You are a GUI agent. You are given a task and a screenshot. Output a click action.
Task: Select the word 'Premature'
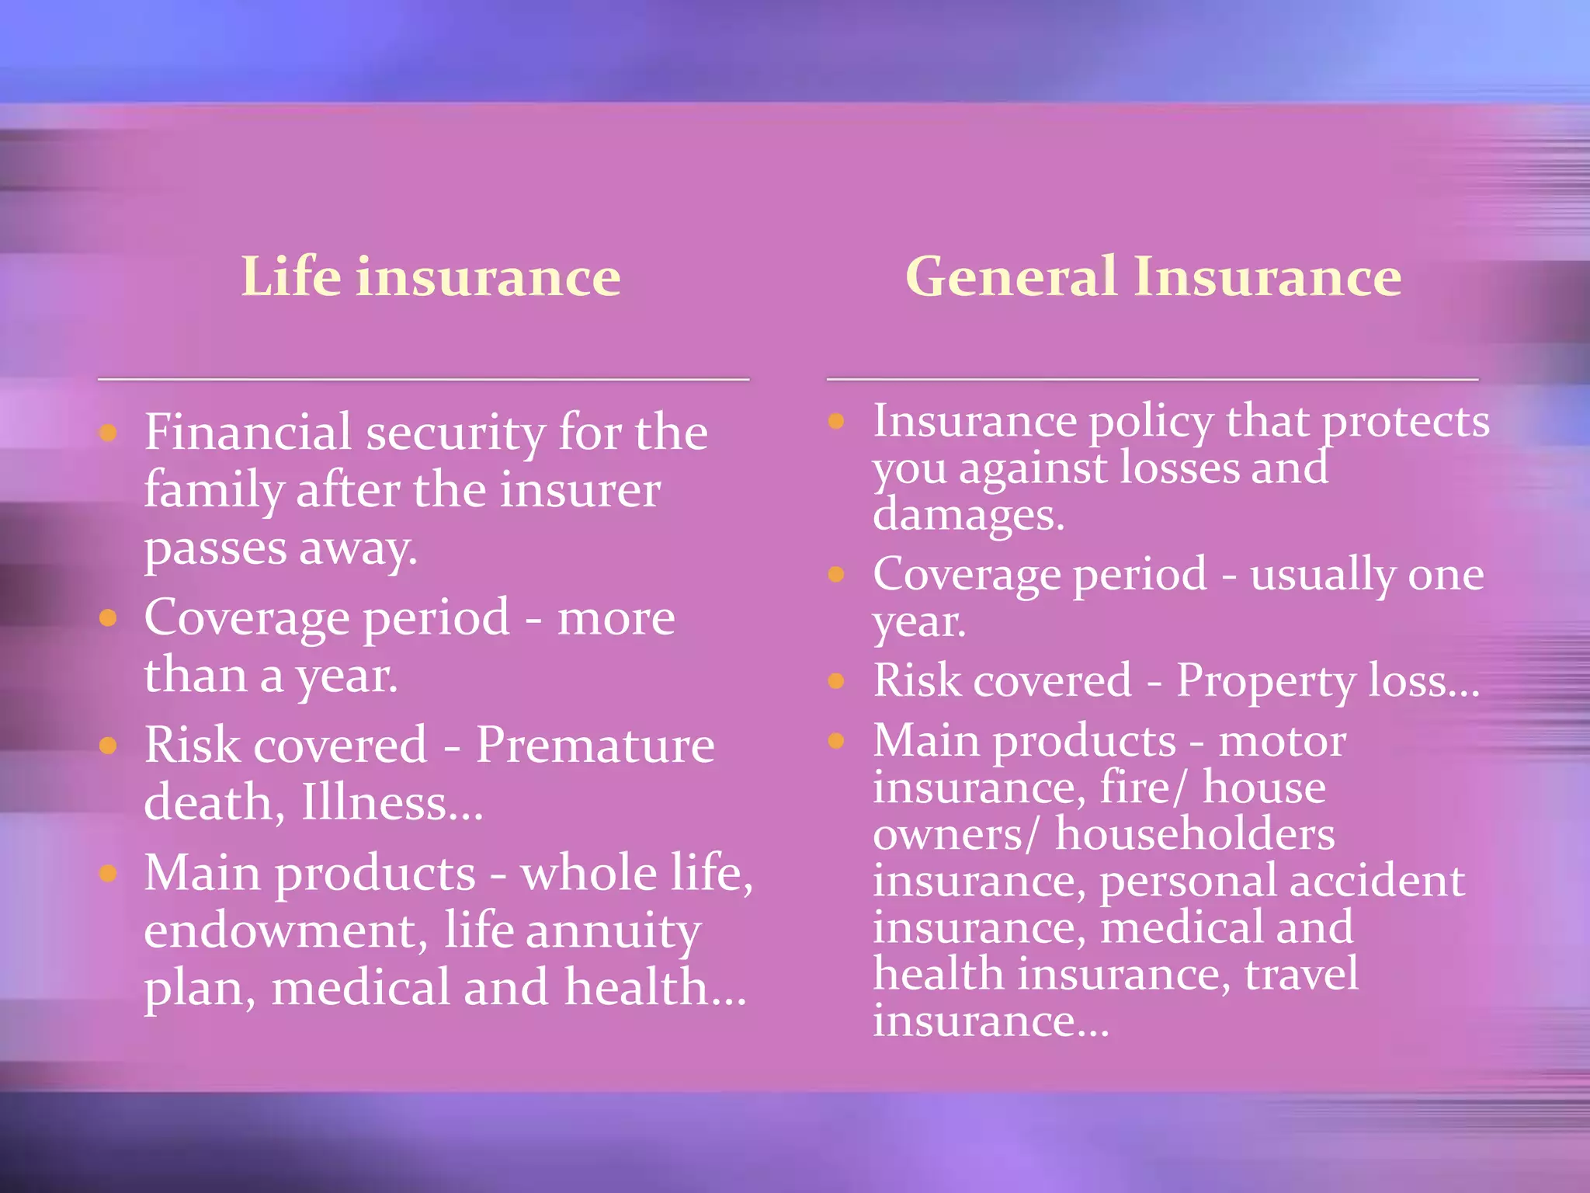tap(595, 745)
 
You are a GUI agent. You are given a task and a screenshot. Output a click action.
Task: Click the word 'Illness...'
tap(392, 802)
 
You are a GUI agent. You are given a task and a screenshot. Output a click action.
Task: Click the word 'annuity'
tap(613, 932)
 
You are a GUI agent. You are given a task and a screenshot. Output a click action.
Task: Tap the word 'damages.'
tap(968, 515)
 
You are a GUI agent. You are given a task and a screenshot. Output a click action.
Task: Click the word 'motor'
tap(1282, 741)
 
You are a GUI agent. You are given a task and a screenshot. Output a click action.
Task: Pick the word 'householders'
tap(1194, 834)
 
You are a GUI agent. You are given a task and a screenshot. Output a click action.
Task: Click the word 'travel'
tap(1301, 974)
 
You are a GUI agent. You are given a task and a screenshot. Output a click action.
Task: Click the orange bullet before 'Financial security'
tap(109, 433)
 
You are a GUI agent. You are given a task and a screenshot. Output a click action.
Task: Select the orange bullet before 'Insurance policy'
tap(836, 422)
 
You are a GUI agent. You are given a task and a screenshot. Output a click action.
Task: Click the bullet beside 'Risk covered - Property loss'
tap(836, 681)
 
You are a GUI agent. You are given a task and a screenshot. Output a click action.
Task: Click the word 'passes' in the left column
tap(215, 548)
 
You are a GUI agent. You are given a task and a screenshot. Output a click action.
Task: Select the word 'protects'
tap(1405, 422)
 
